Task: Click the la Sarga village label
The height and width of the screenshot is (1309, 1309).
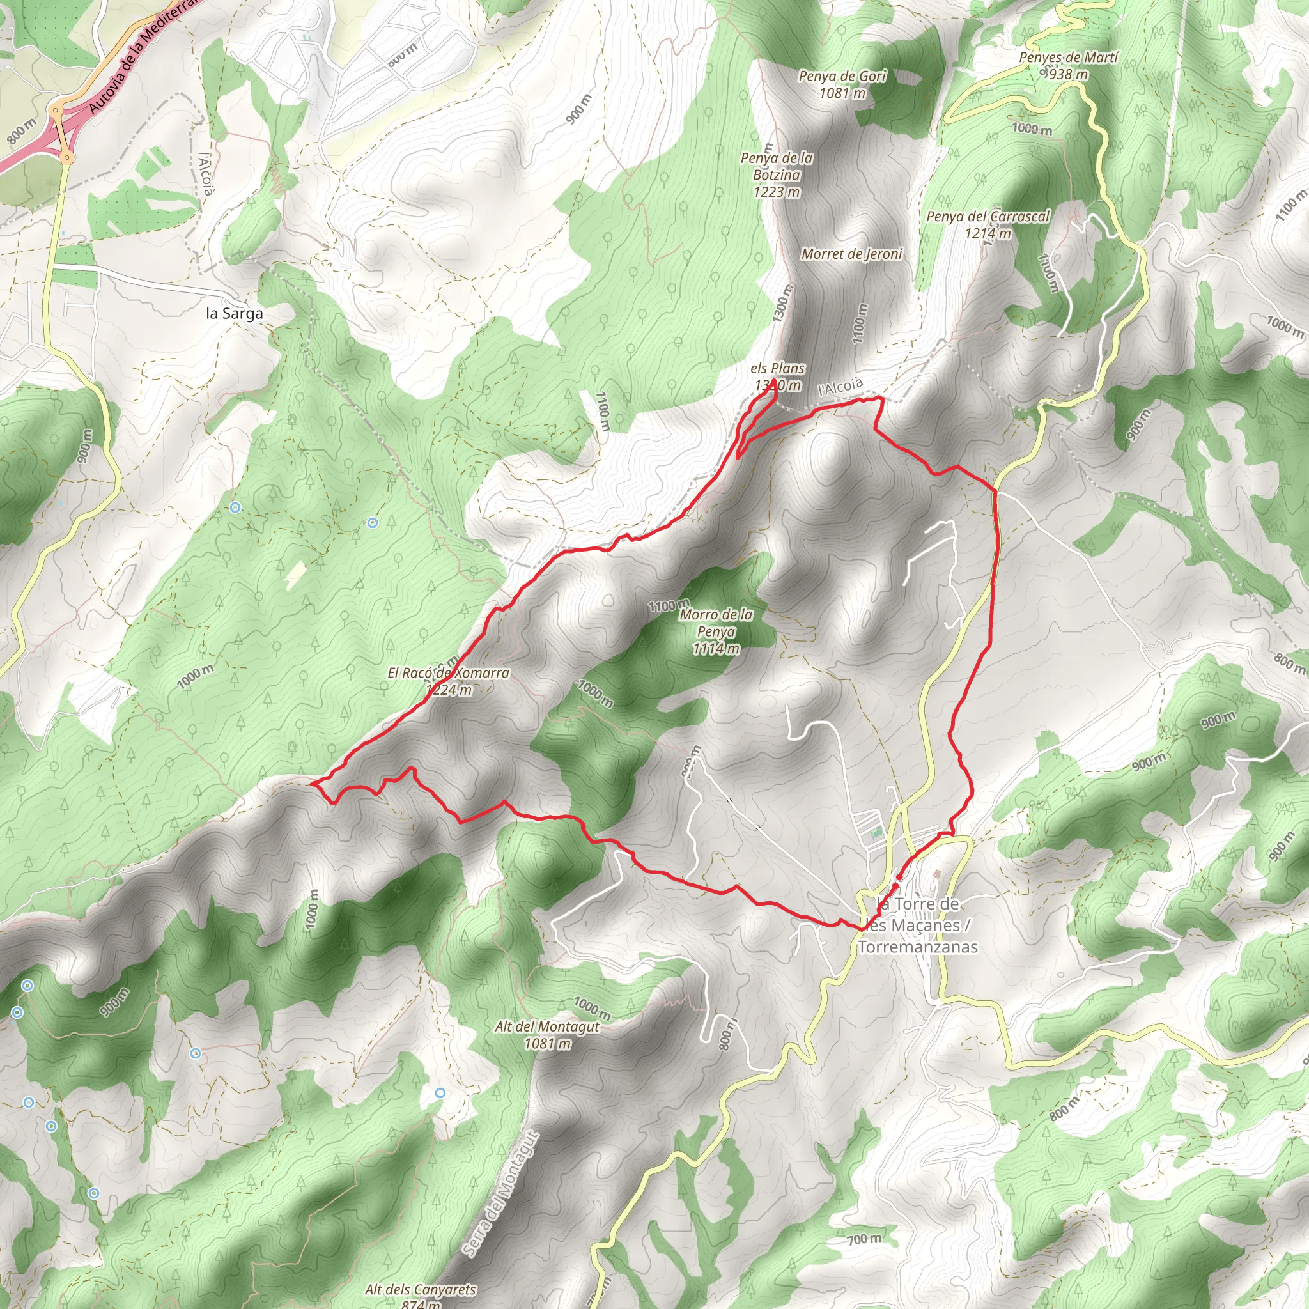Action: [234, 314]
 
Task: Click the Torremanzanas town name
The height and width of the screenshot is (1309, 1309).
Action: [917, 947]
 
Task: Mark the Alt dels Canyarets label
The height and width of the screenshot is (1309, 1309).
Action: [420, 1289]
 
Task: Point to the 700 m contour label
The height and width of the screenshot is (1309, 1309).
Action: [864, 1239]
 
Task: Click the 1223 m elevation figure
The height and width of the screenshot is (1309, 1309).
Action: [777, 192]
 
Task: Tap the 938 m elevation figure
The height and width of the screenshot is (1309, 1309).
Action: [1068, 75]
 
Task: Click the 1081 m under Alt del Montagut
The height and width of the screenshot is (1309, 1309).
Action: [546, 1043]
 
